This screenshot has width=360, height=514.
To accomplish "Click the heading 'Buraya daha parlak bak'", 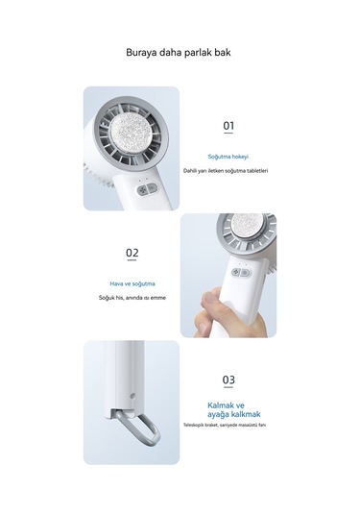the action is click(x=179, y=53).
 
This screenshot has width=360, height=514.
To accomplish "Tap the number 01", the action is click(x=228, y=125).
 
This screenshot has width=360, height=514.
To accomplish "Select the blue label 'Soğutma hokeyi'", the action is click(x=228, y=157).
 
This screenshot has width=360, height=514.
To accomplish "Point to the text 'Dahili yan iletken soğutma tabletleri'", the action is click(x=226, y=171).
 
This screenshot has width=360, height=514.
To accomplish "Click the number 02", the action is click(x=132, y=253).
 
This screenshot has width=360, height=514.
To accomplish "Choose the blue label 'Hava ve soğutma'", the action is click(x=132, y=283).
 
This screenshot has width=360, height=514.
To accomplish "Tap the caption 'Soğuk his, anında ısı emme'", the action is click(x=132, y=298).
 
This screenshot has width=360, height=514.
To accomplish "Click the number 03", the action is click(x=228, y=379).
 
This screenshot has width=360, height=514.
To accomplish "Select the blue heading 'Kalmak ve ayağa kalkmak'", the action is click(x=233, y=409).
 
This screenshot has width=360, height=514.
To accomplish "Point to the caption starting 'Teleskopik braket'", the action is click(x=225, y=425).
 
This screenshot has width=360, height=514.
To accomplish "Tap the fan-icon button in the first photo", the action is click(x=142, y=190).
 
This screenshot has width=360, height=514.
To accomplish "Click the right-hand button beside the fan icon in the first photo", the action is click(x=152, y=188).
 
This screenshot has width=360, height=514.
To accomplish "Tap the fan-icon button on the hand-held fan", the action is click(x=236, y=272).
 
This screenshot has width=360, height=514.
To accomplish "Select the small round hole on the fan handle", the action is click(x=132, y=396).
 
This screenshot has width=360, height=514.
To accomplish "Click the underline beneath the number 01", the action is click(x=228, y=134).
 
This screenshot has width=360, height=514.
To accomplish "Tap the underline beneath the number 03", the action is click(x=228, y=387).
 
